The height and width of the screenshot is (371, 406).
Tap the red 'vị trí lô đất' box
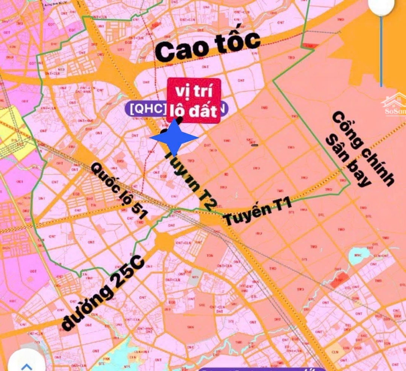(194, 100)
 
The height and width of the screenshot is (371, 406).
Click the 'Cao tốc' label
(208, 46)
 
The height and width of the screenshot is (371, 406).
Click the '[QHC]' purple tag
(147, 109)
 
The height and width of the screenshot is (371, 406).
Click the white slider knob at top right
(381, 6)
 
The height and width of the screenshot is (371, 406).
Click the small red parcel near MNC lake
(339, 280)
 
